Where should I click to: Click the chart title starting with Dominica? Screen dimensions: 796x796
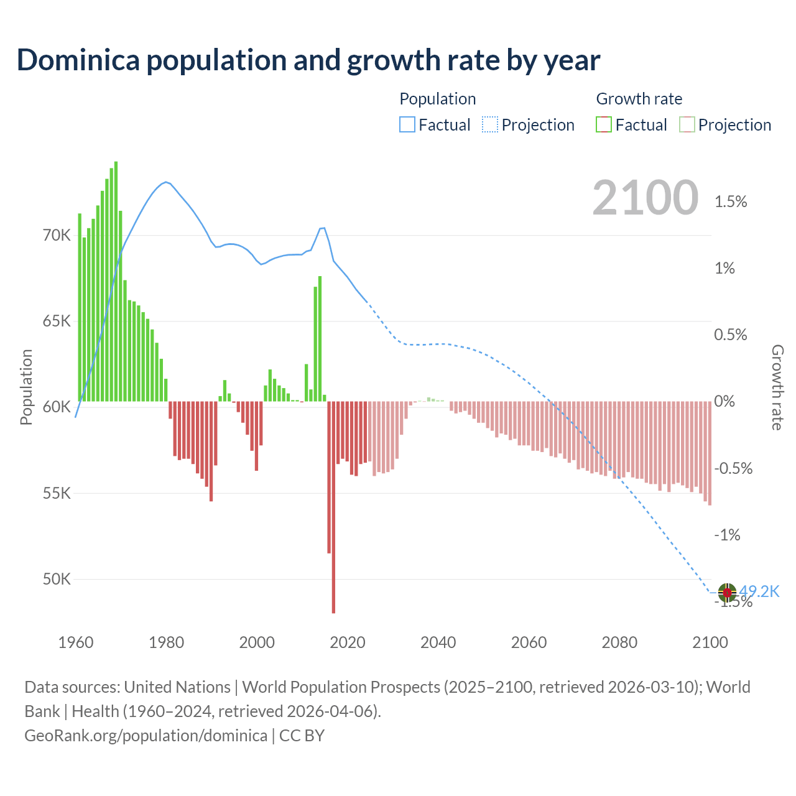click(308, 60)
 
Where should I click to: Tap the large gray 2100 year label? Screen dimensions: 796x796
click(645, 198)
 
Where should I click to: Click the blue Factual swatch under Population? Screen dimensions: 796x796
click(407, 125)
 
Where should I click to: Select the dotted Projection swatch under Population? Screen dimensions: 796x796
click(490, 125)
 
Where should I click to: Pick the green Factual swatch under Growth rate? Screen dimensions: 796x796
click(604, 125)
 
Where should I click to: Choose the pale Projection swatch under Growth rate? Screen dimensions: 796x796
click(687, 125)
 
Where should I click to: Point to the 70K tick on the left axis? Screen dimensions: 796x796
click(57, 235)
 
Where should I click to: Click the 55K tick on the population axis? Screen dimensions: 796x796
click(57, 493)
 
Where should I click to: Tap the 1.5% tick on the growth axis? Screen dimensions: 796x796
click(731, 201)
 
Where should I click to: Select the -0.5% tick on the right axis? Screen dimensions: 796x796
click(733, 468)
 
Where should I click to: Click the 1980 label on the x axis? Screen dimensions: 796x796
click(166, 642)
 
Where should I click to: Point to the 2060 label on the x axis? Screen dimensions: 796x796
click(529, 642)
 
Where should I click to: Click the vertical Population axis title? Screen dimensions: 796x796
click(26, 387)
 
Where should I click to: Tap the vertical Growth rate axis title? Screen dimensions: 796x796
click(777, 387)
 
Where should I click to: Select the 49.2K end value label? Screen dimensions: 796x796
click(759, 591)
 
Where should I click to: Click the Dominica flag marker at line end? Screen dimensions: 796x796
click(727, 593)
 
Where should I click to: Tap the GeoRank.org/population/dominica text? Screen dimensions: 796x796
click(146, 736)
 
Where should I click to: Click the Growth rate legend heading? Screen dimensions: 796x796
click(639, 99)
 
